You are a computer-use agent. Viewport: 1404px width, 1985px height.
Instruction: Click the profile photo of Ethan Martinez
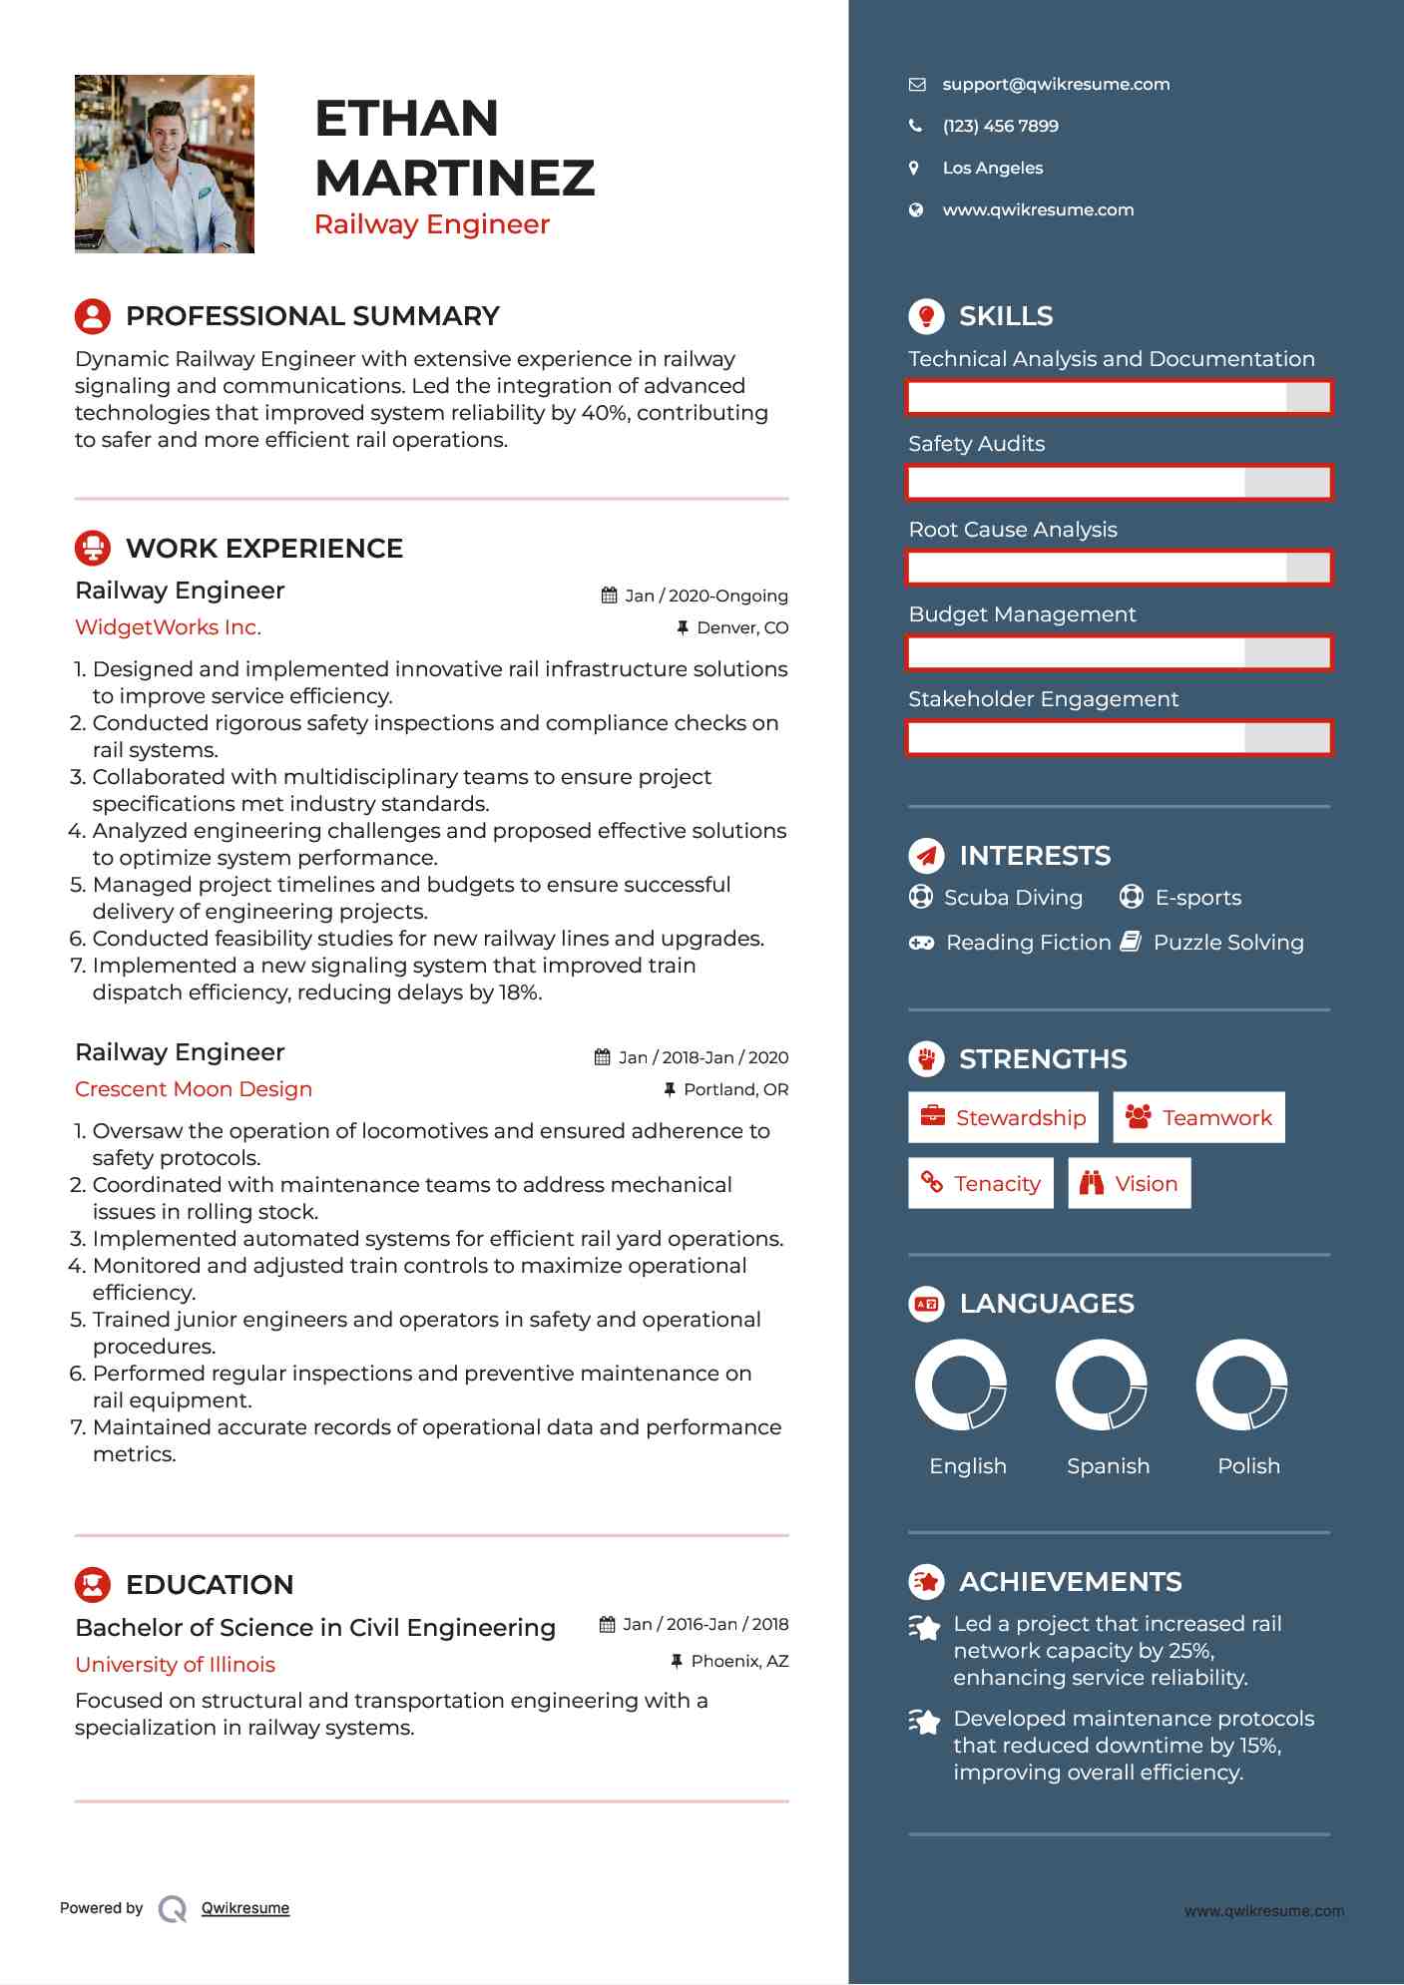[165, 164]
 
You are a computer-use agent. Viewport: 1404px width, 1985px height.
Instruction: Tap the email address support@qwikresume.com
[1056, 85]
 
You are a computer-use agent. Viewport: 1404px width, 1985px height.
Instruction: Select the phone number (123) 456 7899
[1000, 127]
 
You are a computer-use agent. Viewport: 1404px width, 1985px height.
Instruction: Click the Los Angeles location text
[992, 169]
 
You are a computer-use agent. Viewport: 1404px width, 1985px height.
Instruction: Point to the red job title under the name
[431, 224]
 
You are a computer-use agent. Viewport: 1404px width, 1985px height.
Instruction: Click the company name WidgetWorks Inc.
[168, 627]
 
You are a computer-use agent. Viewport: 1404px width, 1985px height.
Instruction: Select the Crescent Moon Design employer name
[194, 1089]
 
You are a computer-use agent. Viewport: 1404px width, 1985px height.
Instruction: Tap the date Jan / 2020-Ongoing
[705, 595]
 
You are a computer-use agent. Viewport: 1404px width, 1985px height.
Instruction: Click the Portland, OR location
[735, 1089]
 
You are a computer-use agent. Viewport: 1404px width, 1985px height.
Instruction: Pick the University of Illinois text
[175, 1665]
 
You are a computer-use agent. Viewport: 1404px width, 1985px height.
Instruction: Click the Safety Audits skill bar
[1119, 483]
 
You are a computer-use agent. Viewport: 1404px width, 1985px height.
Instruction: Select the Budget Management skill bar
[1119, 653]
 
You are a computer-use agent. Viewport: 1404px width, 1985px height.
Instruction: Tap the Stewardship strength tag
[1003, 1117]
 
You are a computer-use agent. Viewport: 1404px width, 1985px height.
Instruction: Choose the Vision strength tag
[1130, 1183]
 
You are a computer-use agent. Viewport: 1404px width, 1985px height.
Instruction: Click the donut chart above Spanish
[1102, 1385]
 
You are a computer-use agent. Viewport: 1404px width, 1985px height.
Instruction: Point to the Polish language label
[1248, 1466]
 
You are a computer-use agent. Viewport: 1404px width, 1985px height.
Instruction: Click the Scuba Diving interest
[1013, 898]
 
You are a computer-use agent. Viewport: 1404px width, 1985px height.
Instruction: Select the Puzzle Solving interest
[1227, 943]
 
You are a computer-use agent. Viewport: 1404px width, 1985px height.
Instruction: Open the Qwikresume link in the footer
[245, 1908]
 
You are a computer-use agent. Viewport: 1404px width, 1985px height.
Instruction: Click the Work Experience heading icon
[93, 548]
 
